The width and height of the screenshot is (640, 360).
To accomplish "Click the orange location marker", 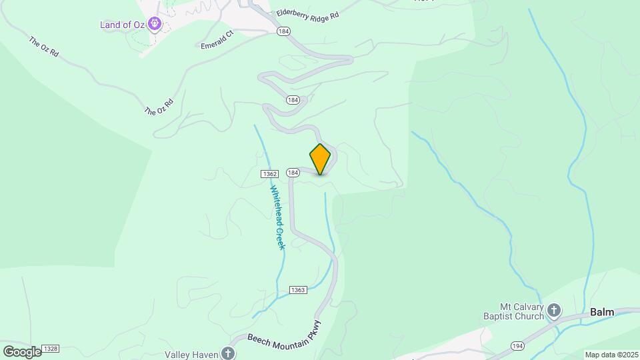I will click(x=320, y=159).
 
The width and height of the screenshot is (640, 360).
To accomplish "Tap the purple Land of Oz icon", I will click(x=155, y=25).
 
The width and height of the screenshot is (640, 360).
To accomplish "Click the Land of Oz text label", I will click(x=123, y=25).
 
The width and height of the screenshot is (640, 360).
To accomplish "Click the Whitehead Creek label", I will click(x=277, y=217).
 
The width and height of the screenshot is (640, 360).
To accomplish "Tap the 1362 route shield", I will click(x=269, y=173).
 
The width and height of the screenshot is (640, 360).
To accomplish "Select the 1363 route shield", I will click(x=298, y=289).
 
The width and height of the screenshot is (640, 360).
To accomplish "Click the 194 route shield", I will click(x=517, y=345).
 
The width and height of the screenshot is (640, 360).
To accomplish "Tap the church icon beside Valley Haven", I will click(x=228, y=353).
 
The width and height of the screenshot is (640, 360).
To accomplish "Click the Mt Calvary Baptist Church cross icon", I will click(x=555, y=310).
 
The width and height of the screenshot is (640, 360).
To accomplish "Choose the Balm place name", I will click(x=601, y=311).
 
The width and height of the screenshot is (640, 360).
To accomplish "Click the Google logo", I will click(x=21, y=351).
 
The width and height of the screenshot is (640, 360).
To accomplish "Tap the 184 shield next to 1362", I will click(x=292, y=173).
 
